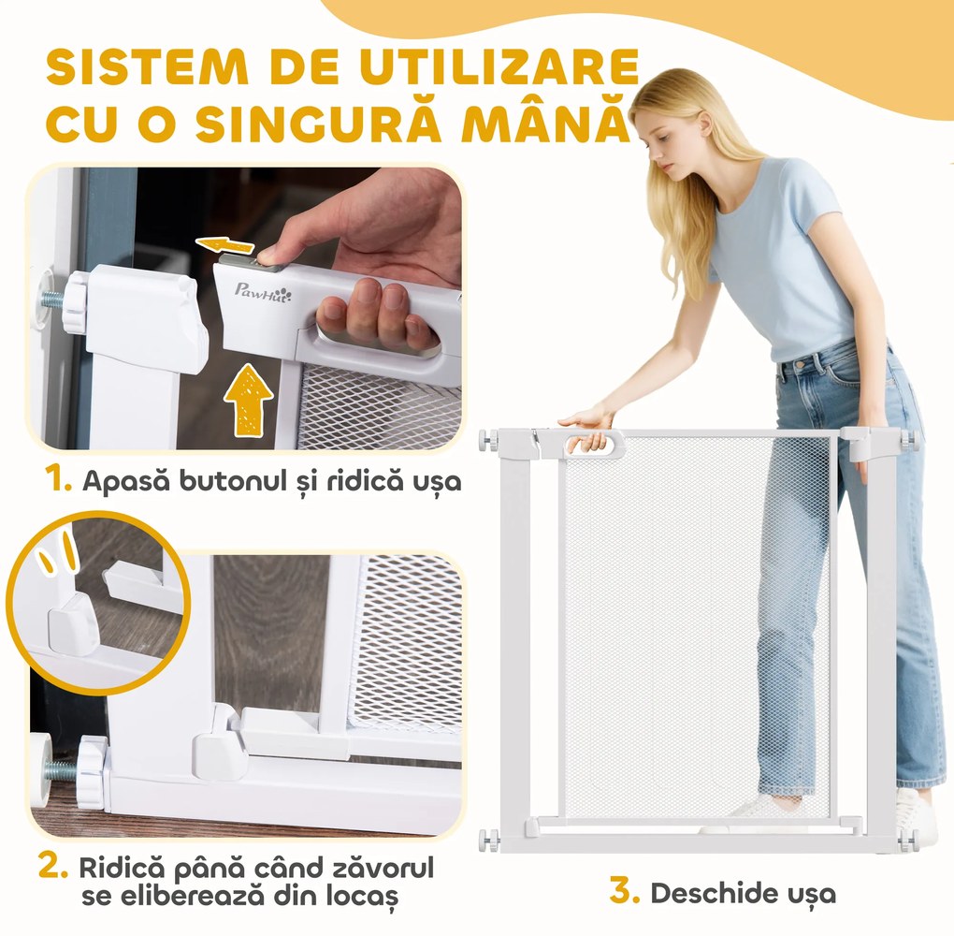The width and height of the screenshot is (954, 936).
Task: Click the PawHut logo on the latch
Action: pyautogui.click(x=263, y=291)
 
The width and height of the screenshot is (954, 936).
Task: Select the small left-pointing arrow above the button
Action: pyautogui.click(x=225, y=244)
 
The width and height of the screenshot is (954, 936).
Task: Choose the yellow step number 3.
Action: pyautogui.click(x=624, y=890)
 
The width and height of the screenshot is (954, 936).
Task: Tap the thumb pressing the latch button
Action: pyautogui.click(x=274, y=253)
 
